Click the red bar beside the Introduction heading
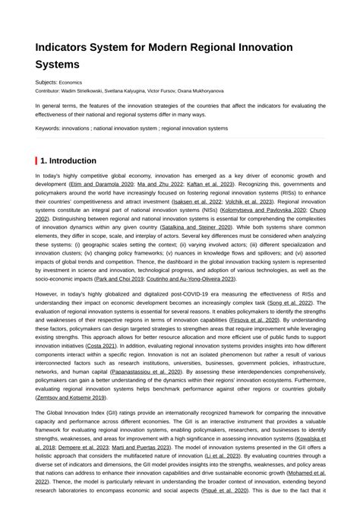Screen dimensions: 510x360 pos(36,160)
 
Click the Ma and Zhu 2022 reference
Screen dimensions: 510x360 pos(160,184)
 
